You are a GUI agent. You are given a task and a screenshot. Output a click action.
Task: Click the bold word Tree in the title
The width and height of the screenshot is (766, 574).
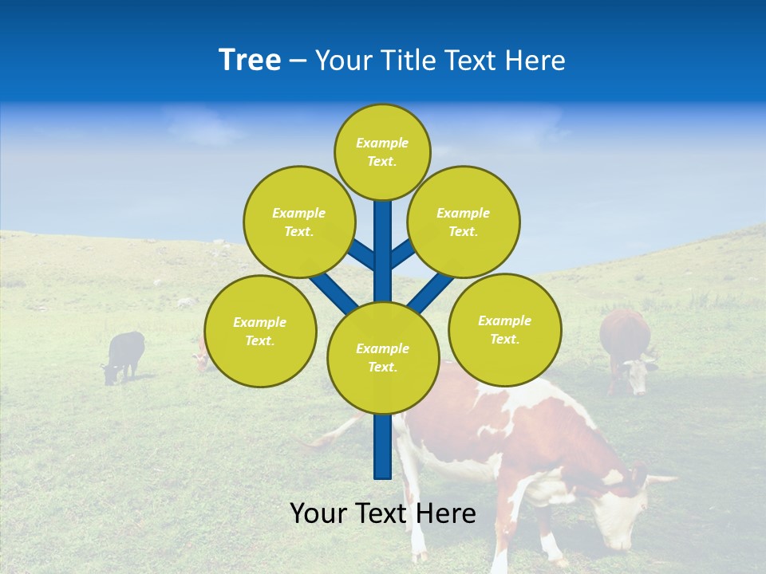coord(250,61)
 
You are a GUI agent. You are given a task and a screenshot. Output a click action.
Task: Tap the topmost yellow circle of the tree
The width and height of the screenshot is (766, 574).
coord(382,151)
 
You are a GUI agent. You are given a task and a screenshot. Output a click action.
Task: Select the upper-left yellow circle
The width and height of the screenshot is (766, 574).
coord(299,222)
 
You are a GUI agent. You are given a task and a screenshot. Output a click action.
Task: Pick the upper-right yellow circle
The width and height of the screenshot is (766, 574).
coord(464,222)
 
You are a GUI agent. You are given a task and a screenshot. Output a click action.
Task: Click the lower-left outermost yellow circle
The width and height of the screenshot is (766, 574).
coord(260,331)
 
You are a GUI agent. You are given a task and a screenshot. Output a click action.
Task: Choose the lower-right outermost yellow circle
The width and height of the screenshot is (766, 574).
coord(505,328)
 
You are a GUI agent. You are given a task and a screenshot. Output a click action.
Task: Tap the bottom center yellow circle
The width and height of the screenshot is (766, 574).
coord(383,357)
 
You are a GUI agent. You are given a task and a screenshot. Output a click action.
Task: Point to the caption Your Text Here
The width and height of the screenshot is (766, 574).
coord(383,513)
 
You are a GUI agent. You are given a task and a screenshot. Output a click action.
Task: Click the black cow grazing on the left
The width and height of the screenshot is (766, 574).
coord(124,355)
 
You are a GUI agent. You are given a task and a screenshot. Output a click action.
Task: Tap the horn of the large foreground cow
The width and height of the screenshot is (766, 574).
coord(659,480)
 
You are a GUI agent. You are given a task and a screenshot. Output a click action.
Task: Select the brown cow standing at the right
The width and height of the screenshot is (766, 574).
coord(626,347)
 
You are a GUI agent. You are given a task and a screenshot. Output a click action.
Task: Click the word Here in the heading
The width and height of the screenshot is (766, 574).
coord(535,61)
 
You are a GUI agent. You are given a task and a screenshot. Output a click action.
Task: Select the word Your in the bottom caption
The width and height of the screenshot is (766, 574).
coord(318,513)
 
